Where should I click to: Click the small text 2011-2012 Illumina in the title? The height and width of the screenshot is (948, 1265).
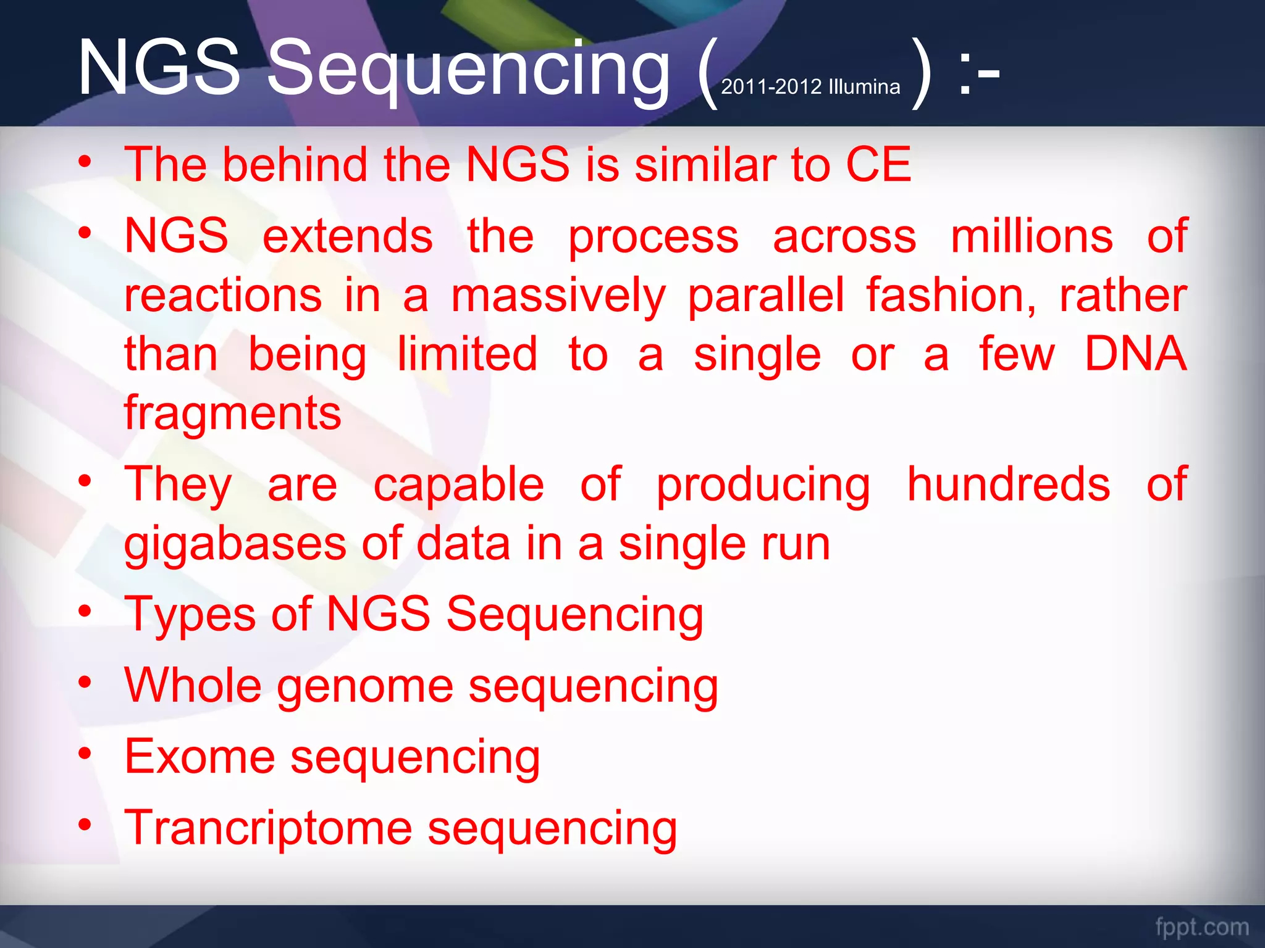point(810,87)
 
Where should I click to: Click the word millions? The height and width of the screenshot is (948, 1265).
point(1032,236)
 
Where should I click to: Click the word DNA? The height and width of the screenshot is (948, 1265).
point(1135,354)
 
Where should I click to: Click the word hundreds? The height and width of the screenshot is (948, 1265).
point(1008,484)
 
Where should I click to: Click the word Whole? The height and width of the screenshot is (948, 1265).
point(193,685)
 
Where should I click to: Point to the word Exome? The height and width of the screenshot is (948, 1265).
point(200,757)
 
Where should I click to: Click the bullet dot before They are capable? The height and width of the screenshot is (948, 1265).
point(85,481)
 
